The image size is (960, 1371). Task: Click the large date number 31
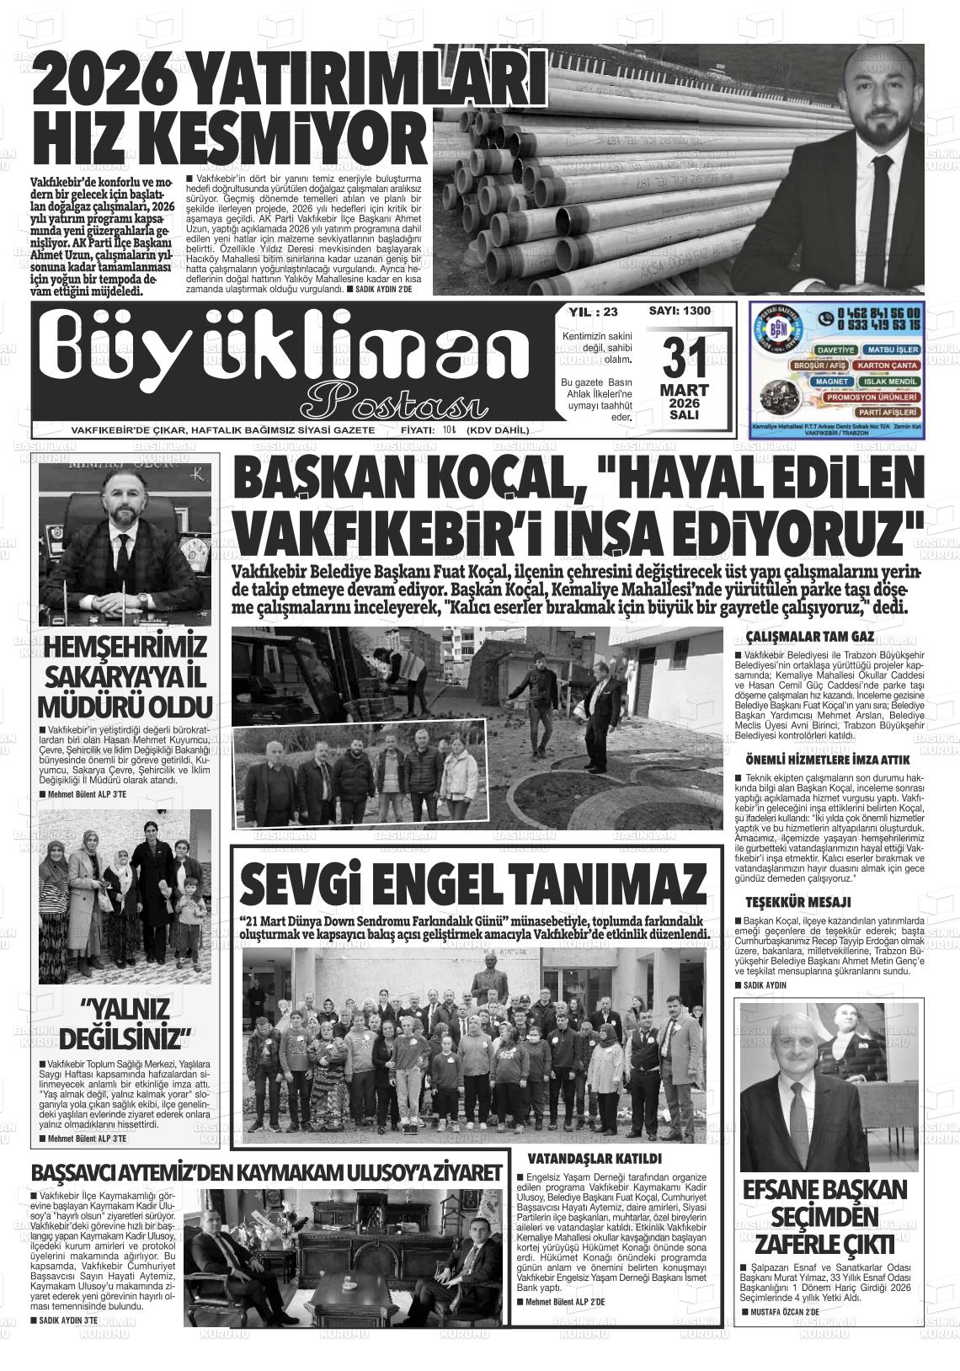pos(684,360)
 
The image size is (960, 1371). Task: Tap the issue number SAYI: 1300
pos(680,312)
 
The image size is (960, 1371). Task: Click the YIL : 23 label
pos(593,312)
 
